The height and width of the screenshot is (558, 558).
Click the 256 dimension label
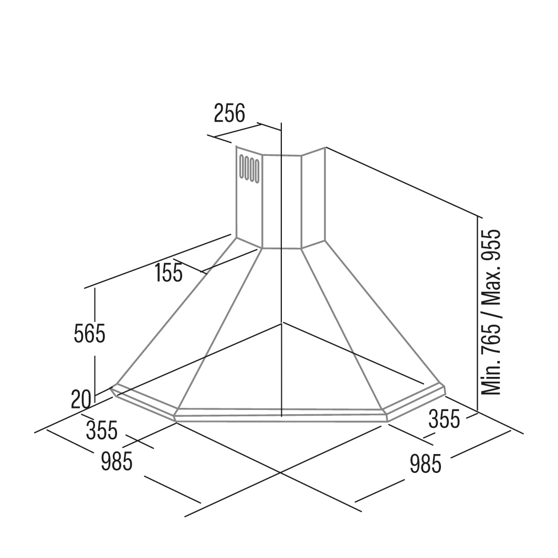(229, 113)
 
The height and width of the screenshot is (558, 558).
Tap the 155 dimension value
(169, 273)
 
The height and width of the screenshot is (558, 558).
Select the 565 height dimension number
(90, 333)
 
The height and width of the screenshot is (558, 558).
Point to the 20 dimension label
(81, 399)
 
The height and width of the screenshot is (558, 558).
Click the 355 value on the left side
(102, 430)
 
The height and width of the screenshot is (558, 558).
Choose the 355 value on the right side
(444, 418)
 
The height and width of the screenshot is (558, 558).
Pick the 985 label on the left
(117, 461)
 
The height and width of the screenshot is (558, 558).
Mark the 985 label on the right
(426, 464)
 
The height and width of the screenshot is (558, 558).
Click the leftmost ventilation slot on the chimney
(242, 166)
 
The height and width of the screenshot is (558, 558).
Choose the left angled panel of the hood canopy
(188, 320)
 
